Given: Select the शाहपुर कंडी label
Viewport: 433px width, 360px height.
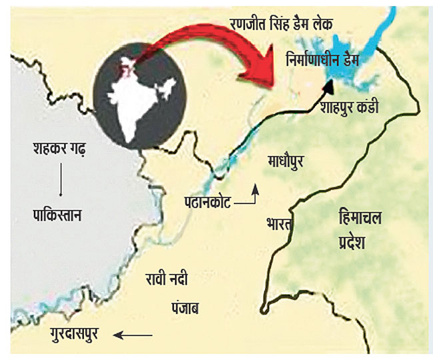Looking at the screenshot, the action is click(x=349, y=107).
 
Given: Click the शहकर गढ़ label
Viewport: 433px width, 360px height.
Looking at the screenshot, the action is click(x=62, y=147).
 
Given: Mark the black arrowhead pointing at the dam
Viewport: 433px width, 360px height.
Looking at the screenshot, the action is click(x=328, y=87).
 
